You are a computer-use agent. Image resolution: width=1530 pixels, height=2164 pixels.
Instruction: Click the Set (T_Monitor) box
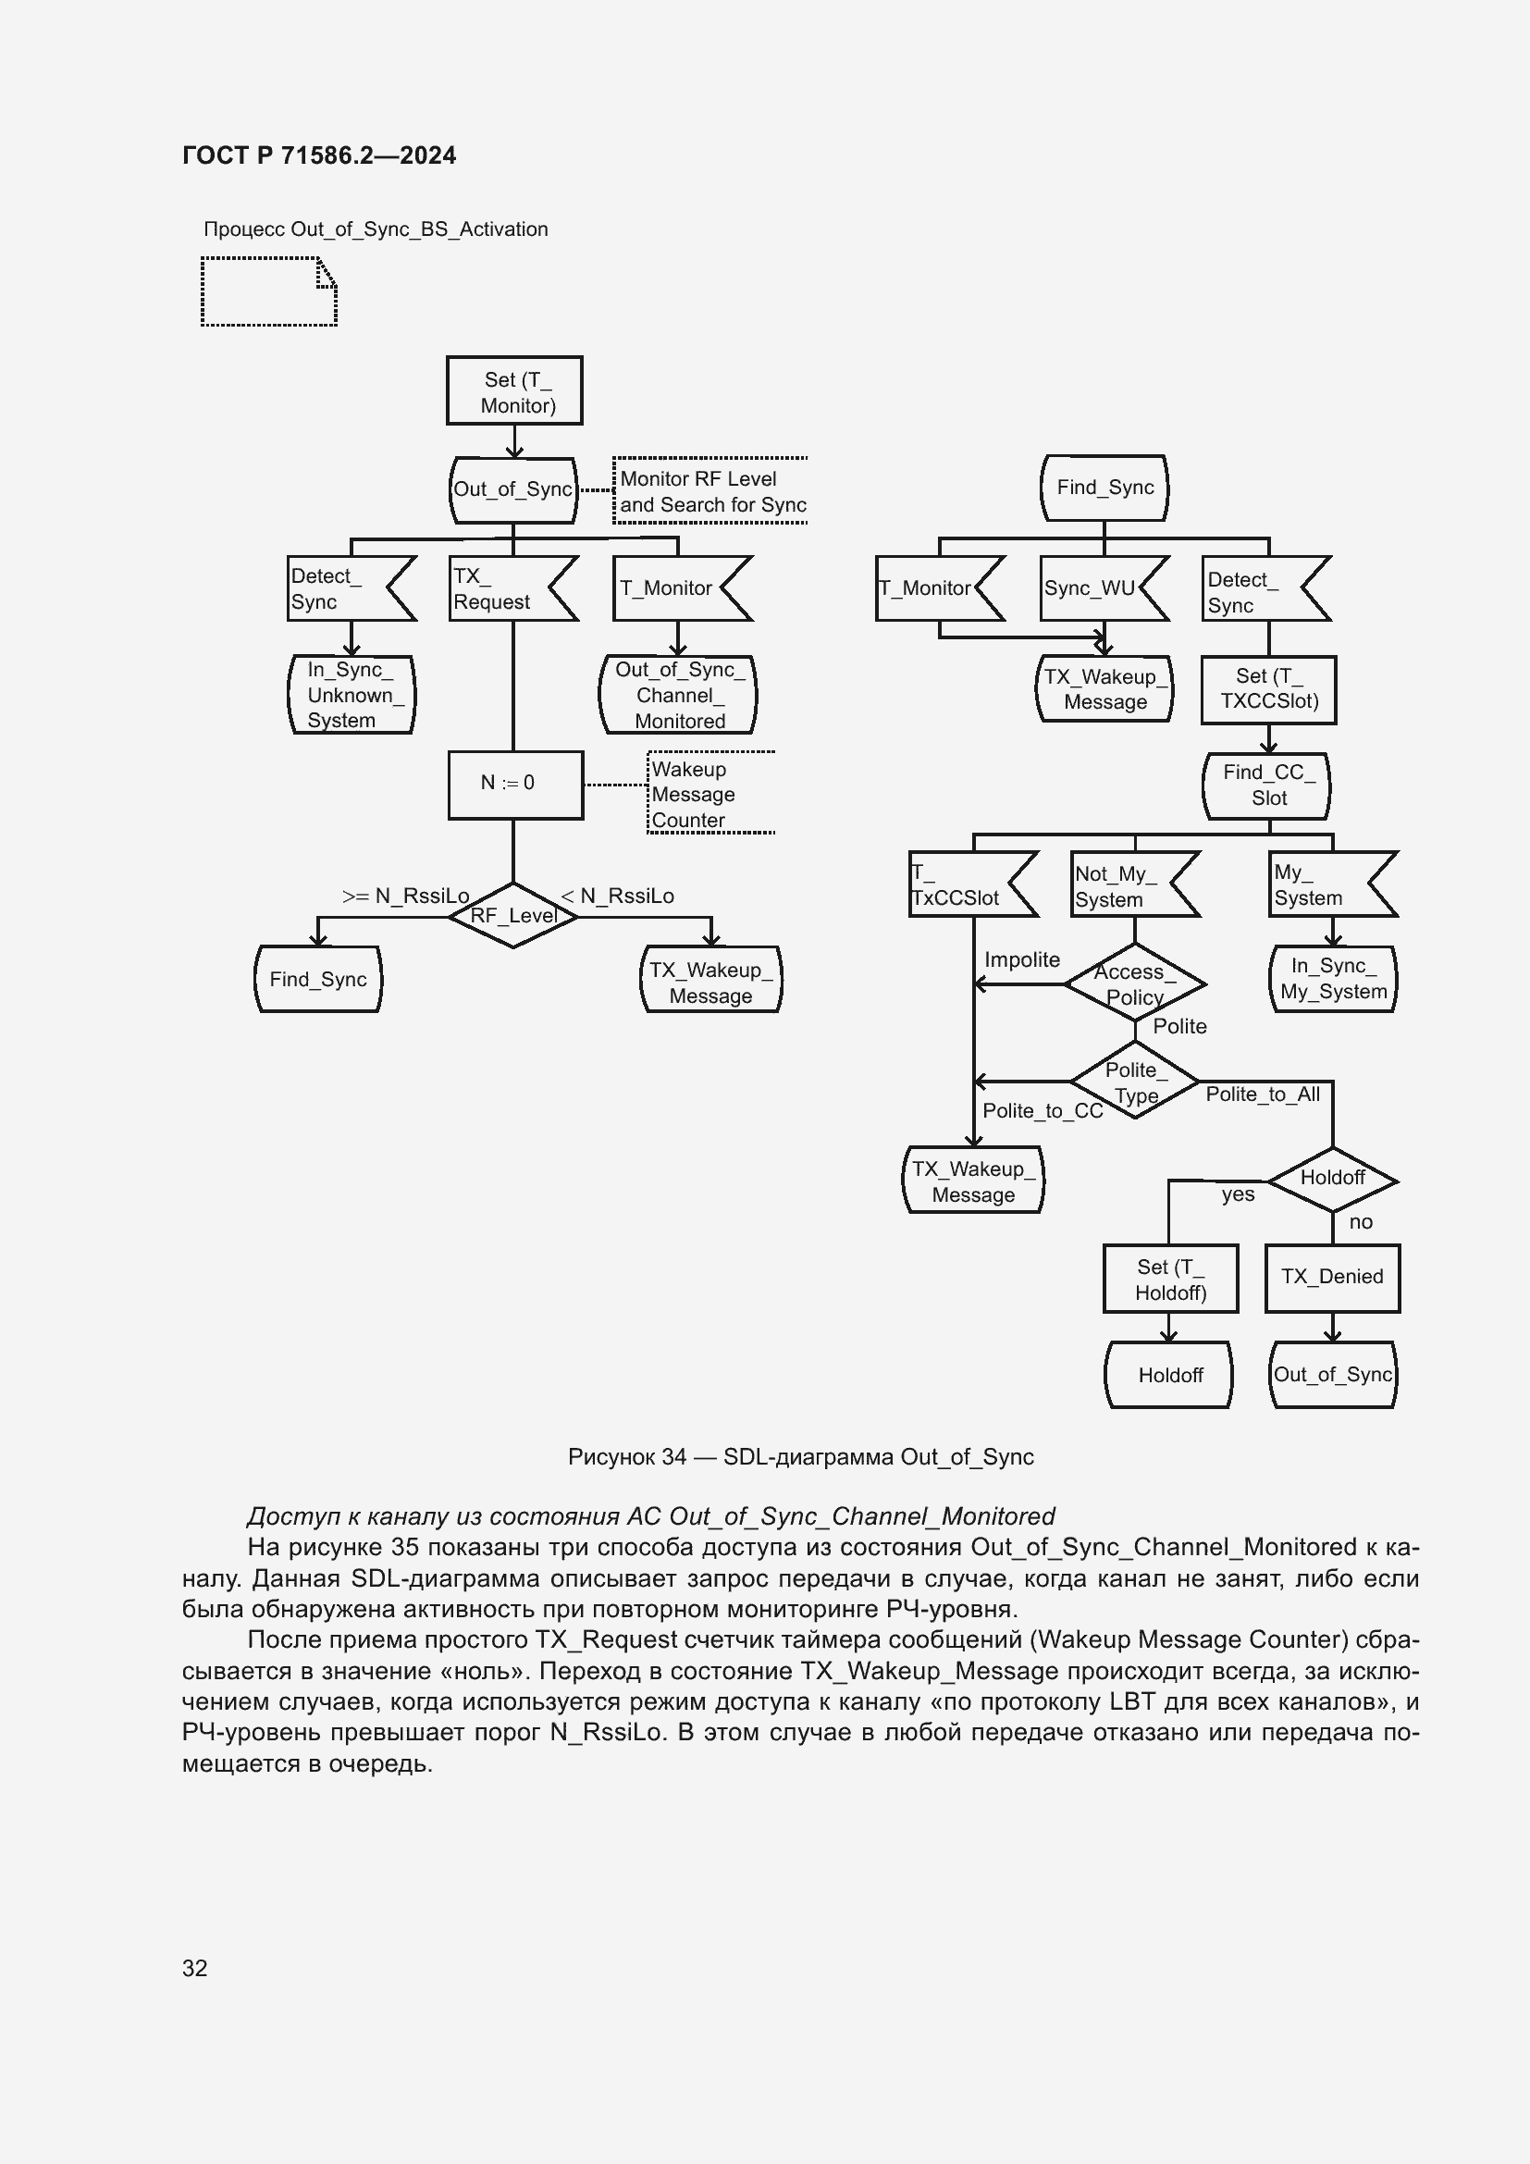(x=514, y=391)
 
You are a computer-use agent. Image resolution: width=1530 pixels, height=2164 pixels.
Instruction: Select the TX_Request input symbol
(x=509, y=589)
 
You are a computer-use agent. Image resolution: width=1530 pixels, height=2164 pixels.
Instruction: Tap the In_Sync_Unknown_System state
(x=351, y=695)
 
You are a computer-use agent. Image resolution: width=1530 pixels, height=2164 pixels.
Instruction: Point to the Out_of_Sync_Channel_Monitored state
(x=678, y=695)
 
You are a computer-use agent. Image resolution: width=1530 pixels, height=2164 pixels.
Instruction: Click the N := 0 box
(x=514, y=784)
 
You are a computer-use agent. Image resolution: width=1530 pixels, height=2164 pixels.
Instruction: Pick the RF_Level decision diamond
(x=513, y=915)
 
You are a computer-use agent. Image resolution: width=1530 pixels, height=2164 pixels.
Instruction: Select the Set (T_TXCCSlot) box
(x=1268, y=689)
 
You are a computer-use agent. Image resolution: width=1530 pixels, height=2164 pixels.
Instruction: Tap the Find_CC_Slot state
(x=1267, y=785)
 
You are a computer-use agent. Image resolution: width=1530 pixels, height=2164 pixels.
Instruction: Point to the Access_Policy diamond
(x=1134, y=984)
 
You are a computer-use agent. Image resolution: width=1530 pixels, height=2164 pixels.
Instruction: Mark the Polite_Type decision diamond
(x=1135, y=1082)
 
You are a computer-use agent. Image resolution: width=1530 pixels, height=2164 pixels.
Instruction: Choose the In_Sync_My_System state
(x=1332, y=978)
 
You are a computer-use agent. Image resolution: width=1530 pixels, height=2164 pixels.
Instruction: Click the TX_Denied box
(x=1332, y=1277)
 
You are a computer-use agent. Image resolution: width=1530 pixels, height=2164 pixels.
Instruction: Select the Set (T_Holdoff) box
(x=1170, y=1279)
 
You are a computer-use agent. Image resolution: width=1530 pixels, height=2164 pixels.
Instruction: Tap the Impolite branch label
(x=1022, y=959)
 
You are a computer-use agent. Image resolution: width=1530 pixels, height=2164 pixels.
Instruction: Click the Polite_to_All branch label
(x=1263, y=1094)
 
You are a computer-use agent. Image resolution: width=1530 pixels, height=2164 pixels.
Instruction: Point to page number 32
(x=195, y=1968)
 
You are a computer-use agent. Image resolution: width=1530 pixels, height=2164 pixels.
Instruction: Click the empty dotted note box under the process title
(x=268, y=292)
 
